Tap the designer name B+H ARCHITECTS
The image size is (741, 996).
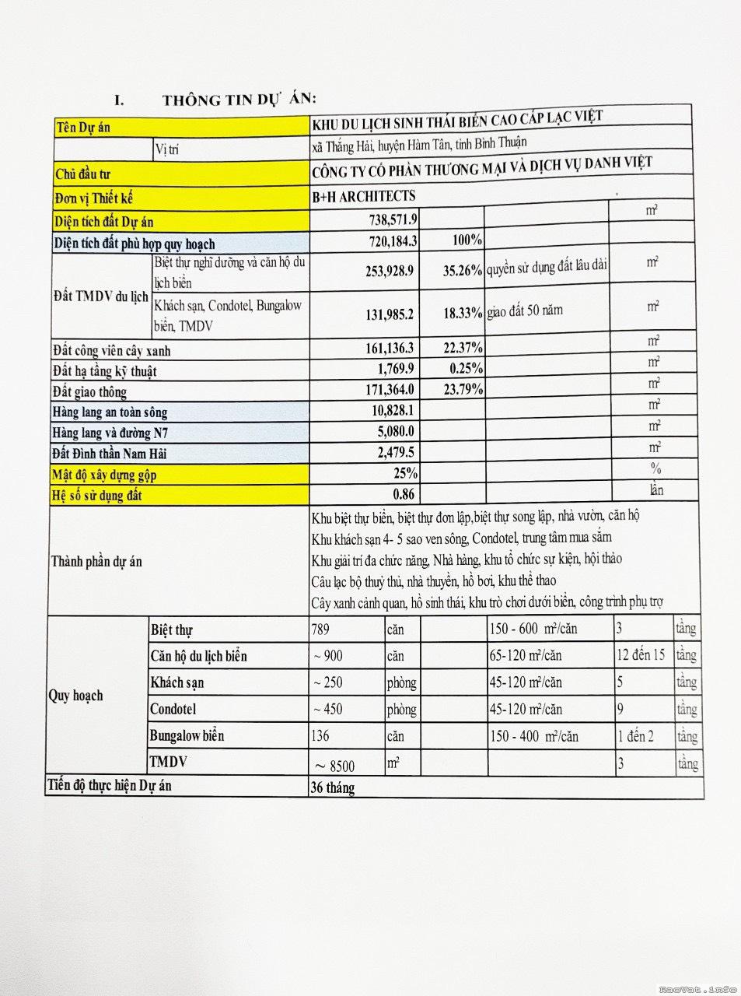(x=364, y=196)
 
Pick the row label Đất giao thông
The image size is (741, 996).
(x=89, y=391)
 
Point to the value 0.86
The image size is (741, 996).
(x=404, y=493)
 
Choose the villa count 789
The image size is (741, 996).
(x=320, y=629)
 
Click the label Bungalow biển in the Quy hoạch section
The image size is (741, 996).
(x=187, y=735)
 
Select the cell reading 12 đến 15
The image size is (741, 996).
(x=641, y=654)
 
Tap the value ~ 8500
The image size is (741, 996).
(x=334, y=766)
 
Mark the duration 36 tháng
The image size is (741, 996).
(x=332, y=787)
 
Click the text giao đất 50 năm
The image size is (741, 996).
(x=525, y=311)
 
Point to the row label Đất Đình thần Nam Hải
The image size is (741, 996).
(x=110, y=453)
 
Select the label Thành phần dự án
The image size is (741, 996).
(x=96, y=561)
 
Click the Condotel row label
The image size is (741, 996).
(x=173, y=709)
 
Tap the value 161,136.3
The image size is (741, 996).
(x=390, y=348)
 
